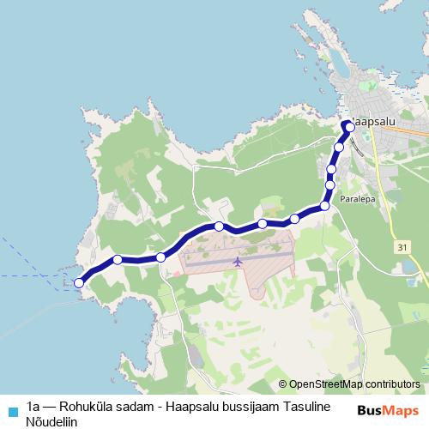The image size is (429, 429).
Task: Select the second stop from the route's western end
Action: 118,259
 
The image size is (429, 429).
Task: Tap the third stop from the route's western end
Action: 160,257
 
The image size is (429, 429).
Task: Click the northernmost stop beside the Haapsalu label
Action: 350,127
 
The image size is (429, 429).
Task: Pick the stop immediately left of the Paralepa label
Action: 325,206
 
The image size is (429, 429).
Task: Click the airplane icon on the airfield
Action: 238,262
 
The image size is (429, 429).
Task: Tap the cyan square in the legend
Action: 11,410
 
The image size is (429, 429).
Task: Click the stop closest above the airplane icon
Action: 220,227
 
